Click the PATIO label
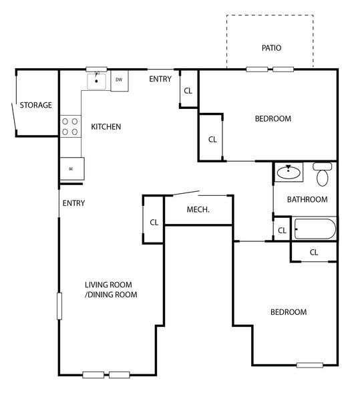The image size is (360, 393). coord(271,48)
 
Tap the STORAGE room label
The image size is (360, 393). coord(35,105)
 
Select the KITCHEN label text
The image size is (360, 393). coord(106,126)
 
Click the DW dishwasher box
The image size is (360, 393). coord(119,80)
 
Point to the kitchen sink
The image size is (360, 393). coord(97,81)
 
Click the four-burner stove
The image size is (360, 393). coord(70,126)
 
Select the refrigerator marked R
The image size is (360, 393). coord(71,168)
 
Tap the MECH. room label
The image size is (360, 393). coord(198,210)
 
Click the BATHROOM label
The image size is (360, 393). coord(307,199)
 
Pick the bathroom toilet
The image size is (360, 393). coord(323,174)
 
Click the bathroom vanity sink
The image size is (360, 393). coord(289,172)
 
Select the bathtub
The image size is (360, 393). coord(315,229)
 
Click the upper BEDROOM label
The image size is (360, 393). coord(273,119)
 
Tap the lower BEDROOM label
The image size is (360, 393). coord(288,312)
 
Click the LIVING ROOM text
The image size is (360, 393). coord(111,284)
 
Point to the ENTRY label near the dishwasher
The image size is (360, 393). coord(160,79)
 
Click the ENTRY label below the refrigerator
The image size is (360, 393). coord(73,203)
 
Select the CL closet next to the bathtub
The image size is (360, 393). coord(282,231)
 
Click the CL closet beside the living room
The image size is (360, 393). coord(153,222)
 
